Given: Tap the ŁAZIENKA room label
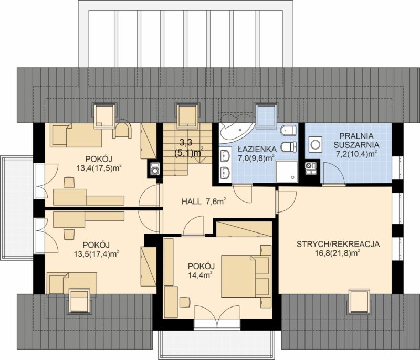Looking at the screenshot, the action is coord(257,149).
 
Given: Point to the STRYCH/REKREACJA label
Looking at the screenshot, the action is coord(338,244).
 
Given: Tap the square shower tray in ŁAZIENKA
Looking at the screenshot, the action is coord(287,171).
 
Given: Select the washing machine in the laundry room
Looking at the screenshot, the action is coord(314,144).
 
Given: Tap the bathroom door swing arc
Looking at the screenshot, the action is coord(243,193).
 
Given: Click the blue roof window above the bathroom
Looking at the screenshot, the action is coord(267,115).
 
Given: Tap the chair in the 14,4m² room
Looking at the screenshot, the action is coord(185,302).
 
